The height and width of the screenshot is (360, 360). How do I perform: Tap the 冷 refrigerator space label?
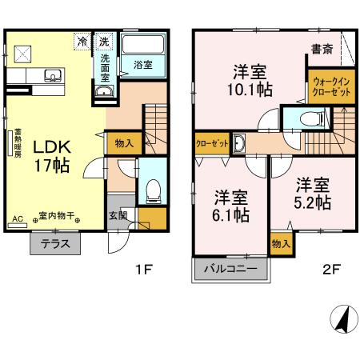[82, 40]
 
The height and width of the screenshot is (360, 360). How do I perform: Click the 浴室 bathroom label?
[143, 63]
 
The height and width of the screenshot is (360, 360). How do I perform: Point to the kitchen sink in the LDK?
[53, 77]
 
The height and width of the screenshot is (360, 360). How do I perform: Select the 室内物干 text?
[58, 215]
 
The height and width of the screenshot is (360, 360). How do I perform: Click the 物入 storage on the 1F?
[124, 144]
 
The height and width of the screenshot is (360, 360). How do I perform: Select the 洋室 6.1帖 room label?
[231, 205]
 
